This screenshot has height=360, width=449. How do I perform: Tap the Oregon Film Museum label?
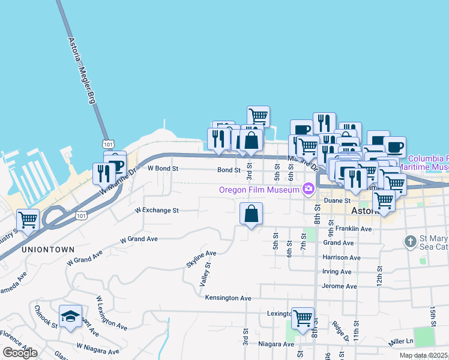(x=259, y=190)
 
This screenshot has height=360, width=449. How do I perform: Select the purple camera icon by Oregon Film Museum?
(x=309, y=190)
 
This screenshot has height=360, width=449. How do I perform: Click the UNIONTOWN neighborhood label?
(x=49, y=249)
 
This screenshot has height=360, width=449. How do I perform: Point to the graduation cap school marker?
(x=70, y=316)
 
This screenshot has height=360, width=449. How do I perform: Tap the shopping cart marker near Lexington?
(x=303, y=318)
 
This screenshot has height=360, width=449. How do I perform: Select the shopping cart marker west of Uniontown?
(x=28, y=220)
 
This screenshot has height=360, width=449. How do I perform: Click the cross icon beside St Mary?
(x=410, y=242)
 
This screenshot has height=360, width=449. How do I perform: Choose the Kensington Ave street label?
(x=228, y=298)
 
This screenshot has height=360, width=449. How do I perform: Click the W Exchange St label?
(x=157, y=211)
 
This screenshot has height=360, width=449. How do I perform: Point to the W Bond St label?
(x=163, y=169)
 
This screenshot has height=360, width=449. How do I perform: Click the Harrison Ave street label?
(x=342, y=257)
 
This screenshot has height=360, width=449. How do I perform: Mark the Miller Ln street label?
(x=401, y=341)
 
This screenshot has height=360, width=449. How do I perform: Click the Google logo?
(x=20, y=353)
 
